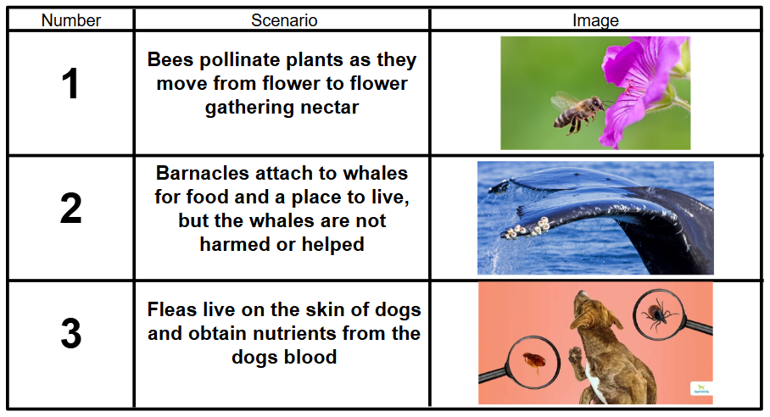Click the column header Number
pyautogui.click(x=70, y=20)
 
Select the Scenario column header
pyautogui.click(x=284, y=20)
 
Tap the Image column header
pyautogui.click(x=595, y=20)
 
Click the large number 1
pyautogui.click(x=70, y=83)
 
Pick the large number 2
pyautogui.click(x=70, y=208)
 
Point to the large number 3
pyautogui.click(x=70, y=334)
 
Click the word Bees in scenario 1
pyautogui.click(x=170, y=60)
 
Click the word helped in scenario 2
pyautogui.click(x=332, y=244)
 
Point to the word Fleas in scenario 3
pyautogui.click(x=172, y=309)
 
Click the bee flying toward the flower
pyautogui.click(x=578, y=113)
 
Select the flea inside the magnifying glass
pyautogui.click(x=533, y=362)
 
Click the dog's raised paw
pyautogui.click(x=575, y=355)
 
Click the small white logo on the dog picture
pyautogui.click(x=701, y=389)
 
